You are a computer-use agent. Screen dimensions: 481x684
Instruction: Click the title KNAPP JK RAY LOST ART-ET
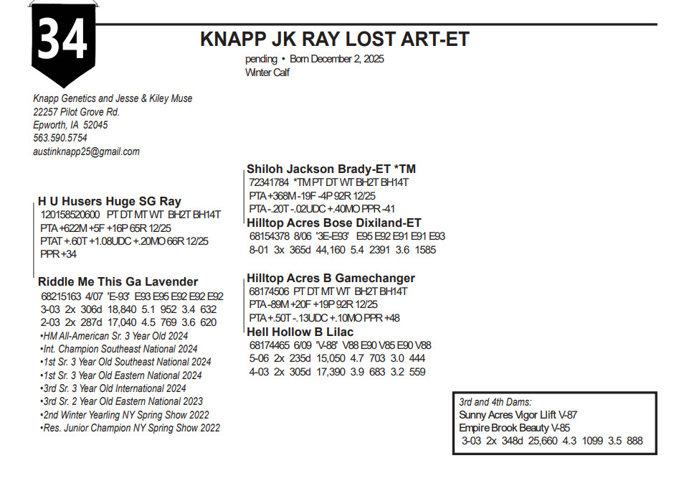[x=335, y=39]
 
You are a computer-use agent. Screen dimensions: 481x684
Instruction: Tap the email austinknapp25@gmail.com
[x=86, y=151]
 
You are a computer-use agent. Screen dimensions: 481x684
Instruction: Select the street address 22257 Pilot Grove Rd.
[x=76, y=112]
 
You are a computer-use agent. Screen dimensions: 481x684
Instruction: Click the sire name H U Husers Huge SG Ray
[x=109, y=202]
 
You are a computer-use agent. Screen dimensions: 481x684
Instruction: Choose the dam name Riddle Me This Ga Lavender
[x=118, y=282]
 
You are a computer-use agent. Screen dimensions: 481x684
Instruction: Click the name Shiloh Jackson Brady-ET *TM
[x=331, y=169]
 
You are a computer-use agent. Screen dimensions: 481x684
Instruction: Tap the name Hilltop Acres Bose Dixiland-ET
[x=334, y=223]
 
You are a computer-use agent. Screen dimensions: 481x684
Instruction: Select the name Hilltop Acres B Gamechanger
[x=331, y=278]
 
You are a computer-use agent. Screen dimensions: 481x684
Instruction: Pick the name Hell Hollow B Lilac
[x=300, y=332]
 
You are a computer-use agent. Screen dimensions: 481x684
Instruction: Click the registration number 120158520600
[x=70, y=215]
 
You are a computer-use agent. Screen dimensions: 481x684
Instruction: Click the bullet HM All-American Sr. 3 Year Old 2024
[x=114, y=335]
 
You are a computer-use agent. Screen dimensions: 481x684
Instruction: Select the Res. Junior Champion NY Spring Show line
[x=130, y=428]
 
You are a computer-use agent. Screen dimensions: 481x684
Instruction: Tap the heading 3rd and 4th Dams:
[x=495, y=402]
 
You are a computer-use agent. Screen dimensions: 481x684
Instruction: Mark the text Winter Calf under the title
[x=267, y=73]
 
